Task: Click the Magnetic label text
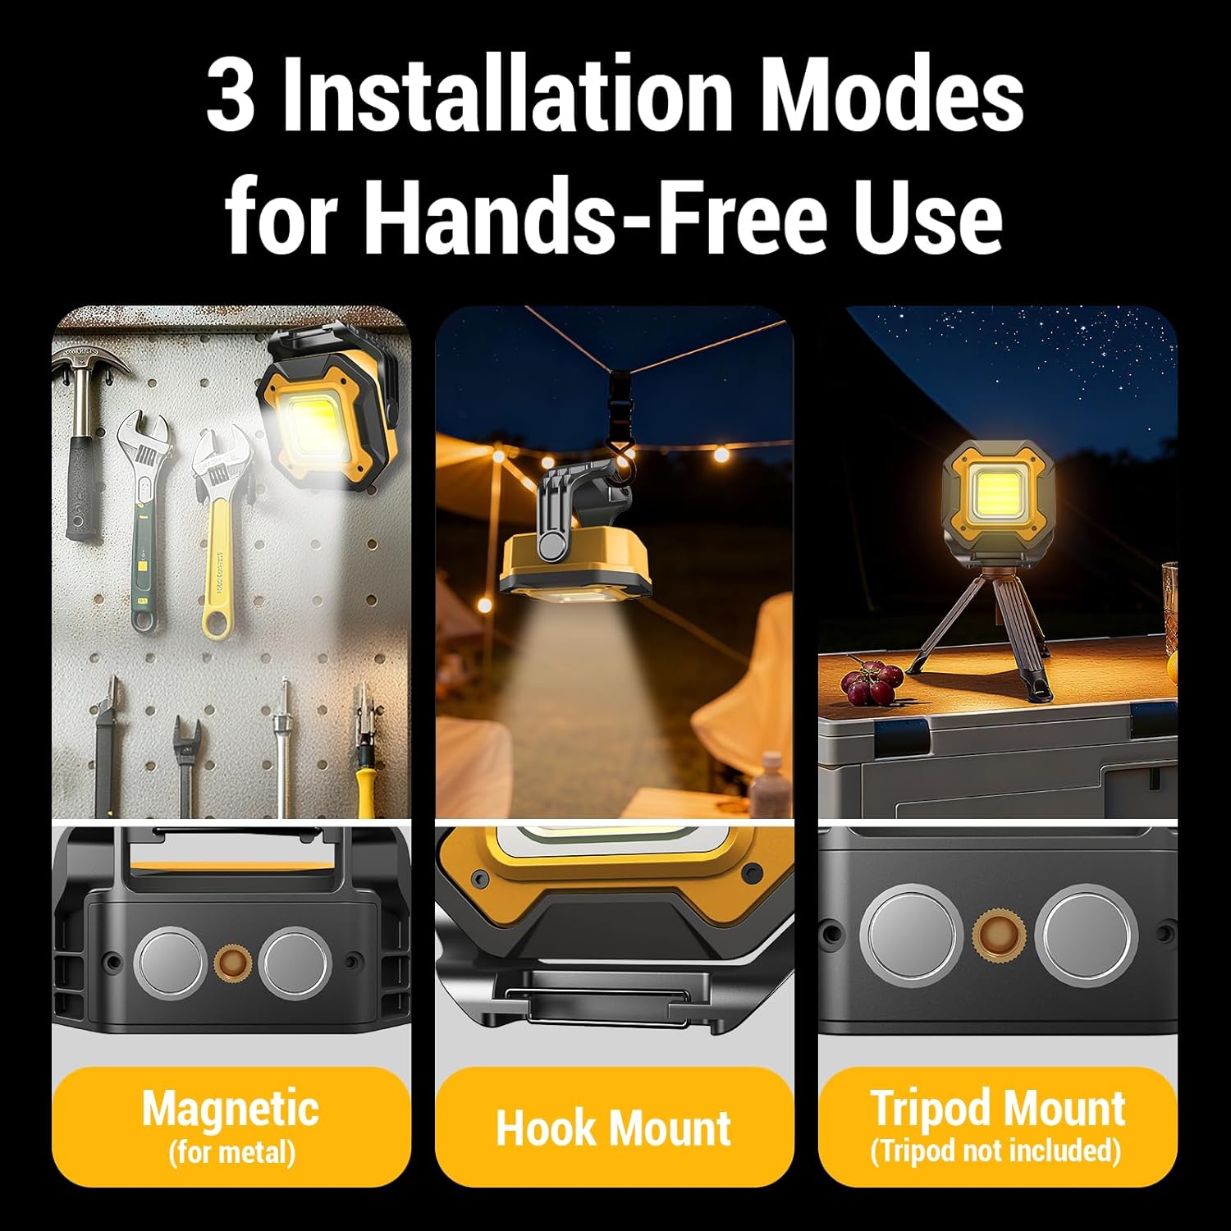231,1109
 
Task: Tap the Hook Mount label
614,1128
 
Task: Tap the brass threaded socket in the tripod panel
998,936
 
